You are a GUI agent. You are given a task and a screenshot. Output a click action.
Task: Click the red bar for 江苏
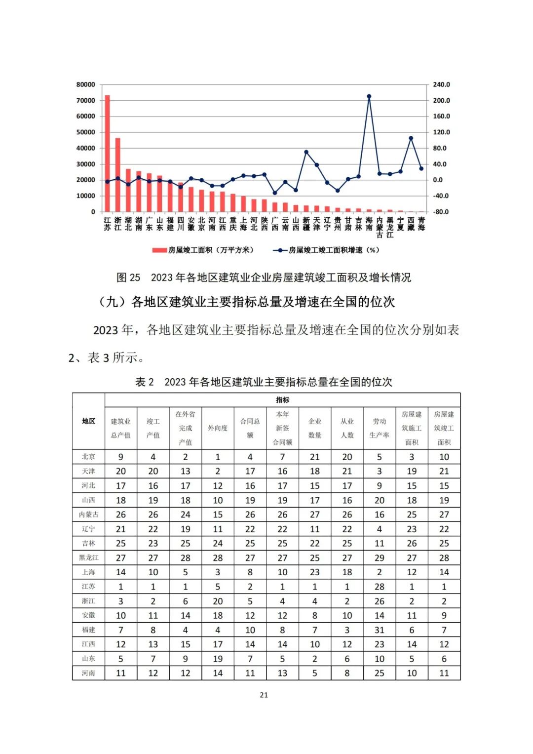(107, 154)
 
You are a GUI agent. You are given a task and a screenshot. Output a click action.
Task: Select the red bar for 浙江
(117, 175)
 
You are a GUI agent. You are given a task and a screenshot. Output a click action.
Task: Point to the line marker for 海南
(369, 96)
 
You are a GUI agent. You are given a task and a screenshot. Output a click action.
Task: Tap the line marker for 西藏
(411, 138)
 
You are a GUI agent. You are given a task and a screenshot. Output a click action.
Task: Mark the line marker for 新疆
(306, 152)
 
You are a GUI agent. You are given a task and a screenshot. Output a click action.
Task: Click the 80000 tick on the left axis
(85, 84)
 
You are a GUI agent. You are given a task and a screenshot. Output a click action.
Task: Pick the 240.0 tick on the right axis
(441, 84)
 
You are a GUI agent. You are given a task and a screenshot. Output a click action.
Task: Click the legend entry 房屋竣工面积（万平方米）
(203, 250)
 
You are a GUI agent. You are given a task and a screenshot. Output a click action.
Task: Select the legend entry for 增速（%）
(326, 250)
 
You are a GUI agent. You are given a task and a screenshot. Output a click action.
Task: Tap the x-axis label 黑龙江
(390, 227)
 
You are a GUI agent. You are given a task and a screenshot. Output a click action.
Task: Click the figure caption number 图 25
(128, 278)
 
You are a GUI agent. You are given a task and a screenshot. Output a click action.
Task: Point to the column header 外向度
(218, 428)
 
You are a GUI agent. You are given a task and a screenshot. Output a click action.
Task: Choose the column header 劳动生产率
(380, 428)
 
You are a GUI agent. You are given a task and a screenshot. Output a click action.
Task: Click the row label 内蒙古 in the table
(88, 515)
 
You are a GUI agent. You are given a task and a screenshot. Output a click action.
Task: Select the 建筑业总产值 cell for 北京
(121, 457)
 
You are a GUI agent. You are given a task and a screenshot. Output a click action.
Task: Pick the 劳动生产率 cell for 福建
(380, 630)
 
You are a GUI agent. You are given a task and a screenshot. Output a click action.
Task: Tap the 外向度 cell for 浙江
(218, 601)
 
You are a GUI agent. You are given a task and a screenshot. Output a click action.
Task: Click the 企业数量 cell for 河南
(315, 673)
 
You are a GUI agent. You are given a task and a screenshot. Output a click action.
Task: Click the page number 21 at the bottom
(264, 695)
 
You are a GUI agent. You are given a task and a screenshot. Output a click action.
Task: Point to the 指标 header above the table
(282, 400)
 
